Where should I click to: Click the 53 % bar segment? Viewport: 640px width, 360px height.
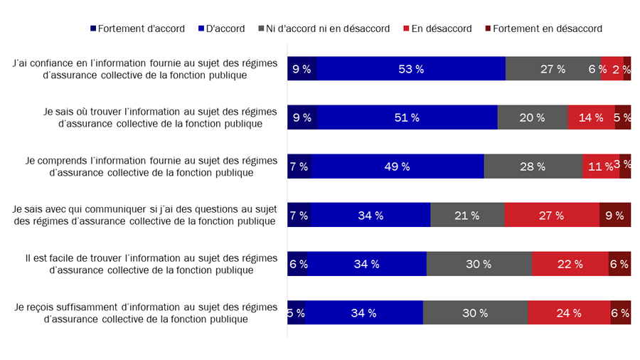pos(411,69)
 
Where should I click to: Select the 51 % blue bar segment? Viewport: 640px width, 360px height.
pos(407,117)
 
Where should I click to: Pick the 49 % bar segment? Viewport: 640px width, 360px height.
pos(398,166)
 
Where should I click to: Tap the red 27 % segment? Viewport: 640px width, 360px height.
pos(552,215)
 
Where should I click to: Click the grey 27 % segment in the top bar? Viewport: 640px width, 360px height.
pos(553,69)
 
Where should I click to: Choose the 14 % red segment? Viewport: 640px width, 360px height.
pos(591,117)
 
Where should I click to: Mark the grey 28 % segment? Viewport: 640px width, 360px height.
pos(533,166)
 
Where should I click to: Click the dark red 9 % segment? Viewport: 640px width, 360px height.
pos(615,215)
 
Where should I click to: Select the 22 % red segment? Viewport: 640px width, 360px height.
pos(570,264)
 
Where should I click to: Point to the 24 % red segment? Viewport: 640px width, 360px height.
pos(569,312)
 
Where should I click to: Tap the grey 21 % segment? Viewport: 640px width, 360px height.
pos(467,215)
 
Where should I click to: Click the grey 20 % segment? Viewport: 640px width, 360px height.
pos(533,117)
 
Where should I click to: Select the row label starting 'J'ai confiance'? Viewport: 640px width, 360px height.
pos(145,69)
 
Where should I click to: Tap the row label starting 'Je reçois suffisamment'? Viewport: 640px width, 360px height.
pos(146,312)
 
